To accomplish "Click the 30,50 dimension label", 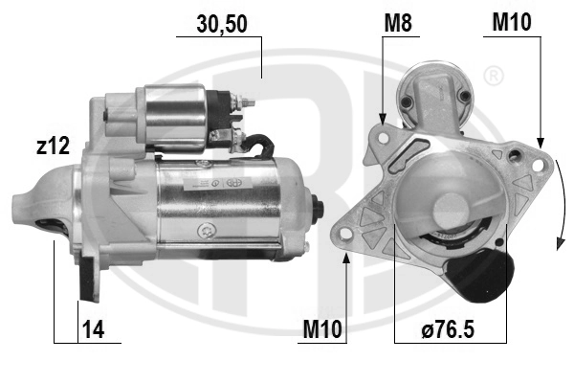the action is [222, 24].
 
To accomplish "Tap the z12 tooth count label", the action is [53, 146].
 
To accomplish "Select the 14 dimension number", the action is [94, 328].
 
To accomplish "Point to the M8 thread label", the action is [398, 23].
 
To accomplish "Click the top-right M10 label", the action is [512, 22].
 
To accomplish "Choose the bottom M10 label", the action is [322, 328].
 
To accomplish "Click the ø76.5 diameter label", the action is [448, 328].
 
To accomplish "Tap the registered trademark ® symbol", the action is [494, 76].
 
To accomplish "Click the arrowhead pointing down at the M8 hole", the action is [383, 119].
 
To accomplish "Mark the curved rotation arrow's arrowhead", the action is [560, 244].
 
